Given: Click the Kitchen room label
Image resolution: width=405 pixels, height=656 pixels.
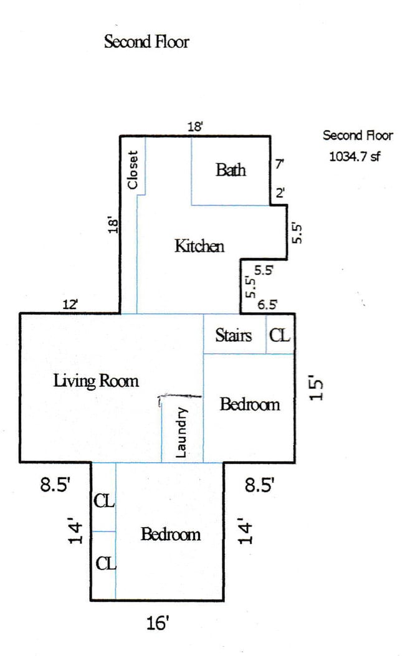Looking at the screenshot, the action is [199, 245].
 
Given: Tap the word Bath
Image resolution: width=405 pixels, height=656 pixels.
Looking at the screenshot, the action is [231, 170].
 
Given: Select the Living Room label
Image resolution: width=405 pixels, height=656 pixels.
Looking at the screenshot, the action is [96, 381].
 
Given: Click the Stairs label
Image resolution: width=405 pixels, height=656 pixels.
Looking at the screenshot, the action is [234, 335].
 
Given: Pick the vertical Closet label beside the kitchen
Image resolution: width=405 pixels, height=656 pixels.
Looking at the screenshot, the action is [133, 170].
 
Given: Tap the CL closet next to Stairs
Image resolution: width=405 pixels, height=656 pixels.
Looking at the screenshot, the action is [280, 335].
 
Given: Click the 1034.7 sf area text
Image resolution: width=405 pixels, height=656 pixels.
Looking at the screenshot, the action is [355, 156].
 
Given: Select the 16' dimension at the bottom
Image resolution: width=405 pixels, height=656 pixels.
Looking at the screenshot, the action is [157, 623].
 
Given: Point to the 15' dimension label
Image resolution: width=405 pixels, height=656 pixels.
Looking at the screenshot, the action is [317, 389].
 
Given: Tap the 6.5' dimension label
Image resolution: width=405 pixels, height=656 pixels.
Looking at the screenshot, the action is [267, 304].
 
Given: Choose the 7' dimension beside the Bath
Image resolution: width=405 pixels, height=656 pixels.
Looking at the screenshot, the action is [280, 164].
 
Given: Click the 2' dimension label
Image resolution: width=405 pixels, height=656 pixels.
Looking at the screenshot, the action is [280, 193].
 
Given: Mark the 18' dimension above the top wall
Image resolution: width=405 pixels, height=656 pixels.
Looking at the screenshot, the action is [195, 126].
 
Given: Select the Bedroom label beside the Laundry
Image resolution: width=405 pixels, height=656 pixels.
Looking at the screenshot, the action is [250, 404].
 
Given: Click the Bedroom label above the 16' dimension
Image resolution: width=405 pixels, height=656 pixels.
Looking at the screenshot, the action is [170, 535].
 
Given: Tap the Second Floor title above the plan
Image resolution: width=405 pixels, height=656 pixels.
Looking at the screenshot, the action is [146, 42].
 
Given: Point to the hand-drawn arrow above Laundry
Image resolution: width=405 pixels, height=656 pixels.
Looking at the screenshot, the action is [180, 396].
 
